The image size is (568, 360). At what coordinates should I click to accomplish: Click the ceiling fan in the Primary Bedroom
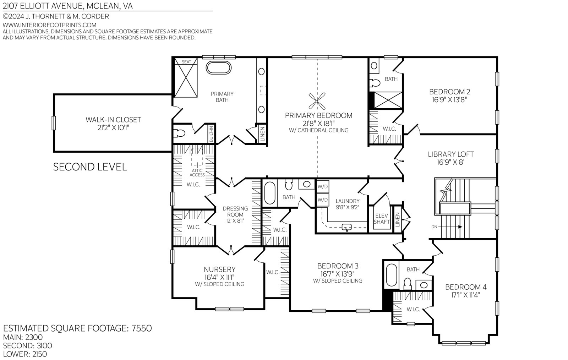(x=317, y=101)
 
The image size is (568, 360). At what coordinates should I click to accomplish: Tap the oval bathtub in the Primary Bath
(x=219, y=68)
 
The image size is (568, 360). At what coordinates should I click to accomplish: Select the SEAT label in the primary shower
(x=186, y=62)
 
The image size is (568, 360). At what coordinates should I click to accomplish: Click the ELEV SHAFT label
(x=382, y=219)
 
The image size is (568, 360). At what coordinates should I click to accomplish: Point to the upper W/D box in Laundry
(x=323, y=187)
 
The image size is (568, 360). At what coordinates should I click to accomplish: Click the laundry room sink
(x=346, y=227)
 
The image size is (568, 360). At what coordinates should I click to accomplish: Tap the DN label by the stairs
(x=434, y=227)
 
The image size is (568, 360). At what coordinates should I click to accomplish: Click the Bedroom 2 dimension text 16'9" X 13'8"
(x=449, y=100)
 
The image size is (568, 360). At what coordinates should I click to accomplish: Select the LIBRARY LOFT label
(x=451, y=154)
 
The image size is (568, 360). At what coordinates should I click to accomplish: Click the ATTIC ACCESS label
(x=197, y=173)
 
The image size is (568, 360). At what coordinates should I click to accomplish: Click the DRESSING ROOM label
(x=235, y=212)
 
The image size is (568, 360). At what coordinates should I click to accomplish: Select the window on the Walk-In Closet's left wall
(x=54, y=123)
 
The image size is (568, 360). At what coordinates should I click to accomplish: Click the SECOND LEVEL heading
(x=90, y=167)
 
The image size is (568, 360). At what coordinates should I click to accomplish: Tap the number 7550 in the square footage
(x=142, y=328)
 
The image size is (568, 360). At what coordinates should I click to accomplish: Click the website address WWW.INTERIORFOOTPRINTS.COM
(x=50, y=25)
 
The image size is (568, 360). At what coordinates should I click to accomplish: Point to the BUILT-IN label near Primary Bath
(x=211, y=134)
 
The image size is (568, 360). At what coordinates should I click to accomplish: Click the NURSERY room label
(x=220, y=269)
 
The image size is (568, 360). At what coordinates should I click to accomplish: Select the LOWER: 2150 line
(x=25, y=354)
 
